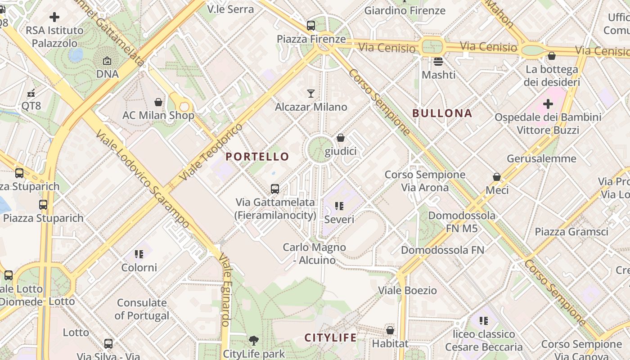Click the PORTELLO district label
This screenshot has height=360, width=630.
coord(257,157)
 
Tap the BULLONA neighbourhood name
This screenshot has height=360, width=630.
coord(442,113)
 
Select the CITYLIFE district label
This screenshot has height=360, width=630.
coord(331,337)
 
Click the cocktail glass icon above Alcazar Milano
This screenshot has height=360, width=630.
coord(311,94)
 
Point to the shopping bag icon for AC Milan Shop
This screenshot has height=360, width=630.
coord(158,102)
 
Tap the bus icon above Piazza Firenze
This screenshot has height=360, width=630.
coord(311,26)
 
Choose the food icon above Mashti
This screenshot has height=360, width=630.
coord(438,61)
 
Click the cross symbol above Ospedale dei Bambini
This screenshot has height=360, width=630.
coord(548,104)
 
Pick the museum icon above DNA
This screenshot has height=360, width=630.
coord(107,60)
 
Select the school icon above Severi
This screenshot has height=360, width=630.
coord(339,206)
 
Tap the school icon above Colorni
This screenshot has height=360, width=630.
coord(139,254)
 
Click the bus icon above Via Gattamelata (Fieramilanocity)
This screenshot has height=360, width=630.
coord(275,189)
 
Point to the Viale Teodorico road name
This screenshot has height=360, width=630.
coord(211,152)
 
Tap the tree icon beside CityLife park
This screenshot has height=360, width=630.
coord(254,340)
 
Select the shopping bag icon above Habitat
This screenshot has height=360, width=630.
coord(390,330)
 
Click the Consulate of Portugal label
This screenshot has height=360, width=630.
coord(142,309)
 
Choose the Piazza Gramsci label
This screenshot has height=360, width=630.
coord(571,232)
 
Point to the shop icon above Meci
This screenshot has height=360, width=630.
coord(497,177)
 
